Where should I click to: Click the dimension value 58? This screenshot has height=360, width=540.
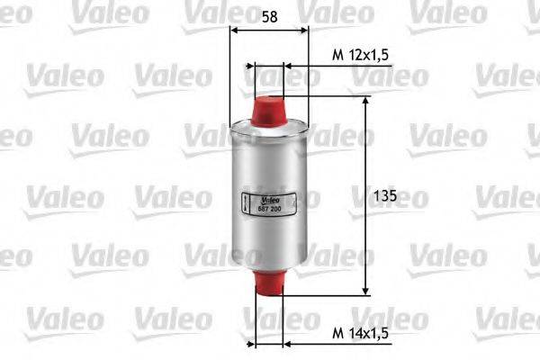tap(269, 14)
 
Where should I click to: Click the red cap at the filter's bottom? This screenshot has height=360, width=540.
tap(269, 282)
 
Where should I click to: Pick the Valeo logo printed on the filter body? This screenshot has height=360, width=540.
tap(271, 199)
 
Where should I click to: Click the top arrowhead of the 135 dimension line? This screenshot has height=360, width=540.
tap(365, 102)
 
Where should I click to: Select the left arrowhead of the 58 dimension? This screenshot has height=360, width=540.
tap(236, 29)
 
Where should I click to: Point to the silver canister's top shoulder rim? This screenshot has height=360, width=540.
tap(269, 126)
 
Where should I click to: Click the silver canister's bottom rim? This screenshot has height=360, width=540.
tap(269, 267)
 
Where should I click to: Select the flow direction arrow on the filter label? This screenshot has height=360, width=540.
tap(247, 202)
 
